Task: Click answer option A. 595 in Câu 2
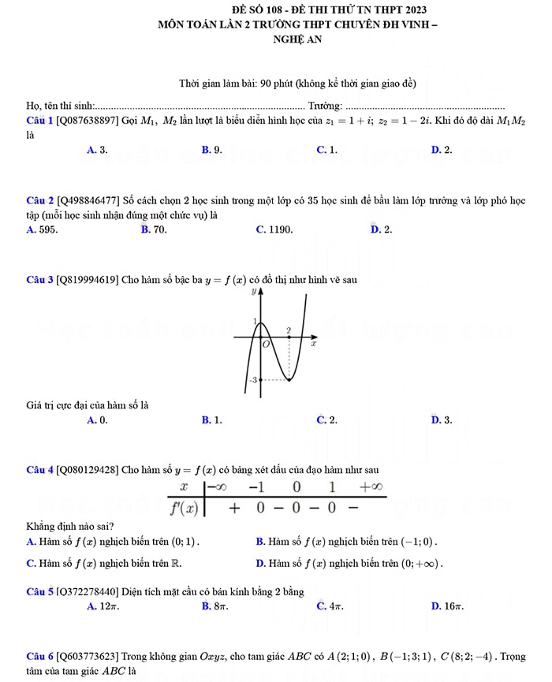41,229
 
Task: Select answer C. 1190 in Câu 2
274,229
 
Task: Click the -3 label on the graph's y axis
252,380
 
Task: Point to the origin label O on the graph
266,345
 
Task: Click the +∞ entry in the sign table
371,487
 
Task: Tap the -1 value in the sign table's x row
256,487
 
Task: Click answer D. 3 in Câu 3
442,420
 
